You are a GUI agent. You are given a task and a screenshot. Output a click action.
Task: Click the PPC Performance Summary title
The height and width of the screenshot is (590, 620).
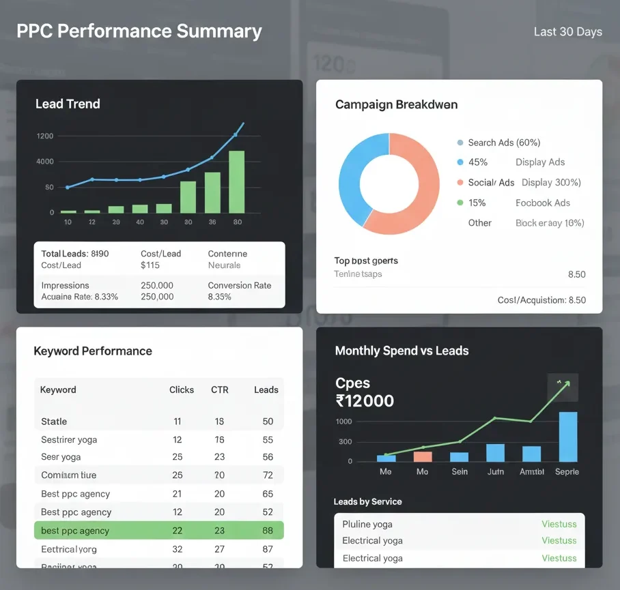click(139, 31)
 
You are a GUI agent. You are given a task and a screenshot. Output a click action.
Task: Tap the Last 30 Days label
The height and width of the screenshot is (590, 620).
click(568, 31)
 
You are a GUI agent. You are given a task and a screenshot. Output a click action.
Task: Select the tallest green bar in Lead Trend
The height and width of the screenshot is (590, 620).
click(236, 181)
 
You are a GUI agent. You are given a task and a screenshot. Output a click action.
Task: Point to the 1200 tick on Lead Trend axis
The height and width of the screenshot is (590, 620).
click(45, 136)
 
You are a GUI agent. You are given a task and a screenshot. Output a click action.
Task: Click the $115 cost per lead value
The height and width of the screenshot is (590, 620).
click(150, 265)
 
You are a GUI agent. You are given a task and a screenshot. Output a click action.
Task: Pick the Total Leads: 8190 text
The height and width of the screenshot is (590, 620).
click(75, 254)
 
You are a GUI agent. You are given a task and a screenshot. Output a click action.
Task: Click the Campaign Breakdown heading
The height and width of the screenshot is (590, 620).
click(396, 104)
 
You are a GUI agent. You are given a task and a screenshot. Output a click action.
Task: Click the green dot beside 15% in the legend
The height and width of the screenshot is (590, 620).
click(460, 203)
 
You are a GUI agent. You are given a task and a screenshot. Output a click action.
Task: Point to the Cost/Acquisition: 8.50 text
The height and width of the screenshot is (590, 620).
click(541, 300)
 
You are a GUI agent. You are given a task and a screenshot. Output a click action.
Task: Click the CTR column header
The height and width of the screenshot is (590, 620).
click(219, 389)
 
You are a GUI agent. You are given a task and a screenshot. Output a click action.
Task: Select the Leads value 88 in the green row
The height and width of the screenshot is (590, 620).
click(267, 531)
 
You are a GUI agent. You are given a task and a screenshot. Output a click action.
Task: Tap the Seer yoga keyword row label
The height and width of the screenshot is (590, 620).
click(61, 457)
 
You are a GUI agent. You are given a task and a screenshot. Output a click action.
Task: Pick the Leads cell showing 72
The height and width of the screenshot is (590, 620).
click(267, 475)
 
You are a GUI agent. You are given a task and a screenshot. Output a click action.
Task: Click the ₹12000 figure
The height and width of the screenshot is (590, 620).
click(365, 400)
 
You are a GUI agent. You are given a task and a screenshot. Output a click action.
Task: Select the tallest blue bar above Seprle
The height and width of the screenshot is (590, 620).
click(567, 437)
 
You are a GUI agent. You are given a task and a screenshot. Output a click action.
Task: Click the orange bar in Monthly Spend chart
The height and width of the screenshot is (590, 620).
click(423, 456)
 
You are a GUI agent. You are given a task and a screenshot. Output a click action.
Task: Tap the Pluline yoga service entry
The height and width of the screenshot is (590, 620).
click(367, 524)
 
